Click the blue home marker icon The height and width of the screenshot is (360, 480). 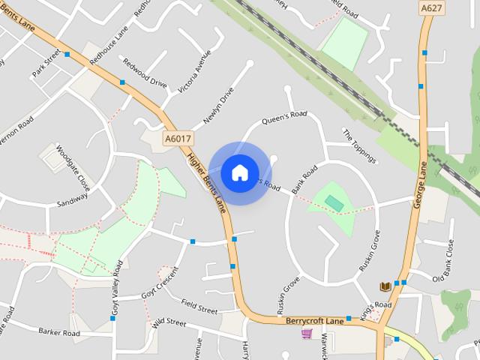click(239, 173)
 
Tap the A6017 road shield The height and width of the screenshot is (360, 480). click(177, 139)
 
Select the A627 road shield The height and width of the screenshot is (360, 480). click(431, 7)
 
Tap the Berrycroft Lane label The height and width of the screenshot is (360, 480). click(314, 320)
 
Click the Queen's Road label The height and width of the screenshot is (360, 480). click(283, 118)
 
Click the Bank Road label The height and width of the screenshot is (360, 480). click(305, 178)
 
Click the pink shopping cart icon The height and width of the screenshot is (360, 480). click(306, 333)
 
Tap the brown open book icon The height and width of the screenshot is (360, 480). click(385, 286)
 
